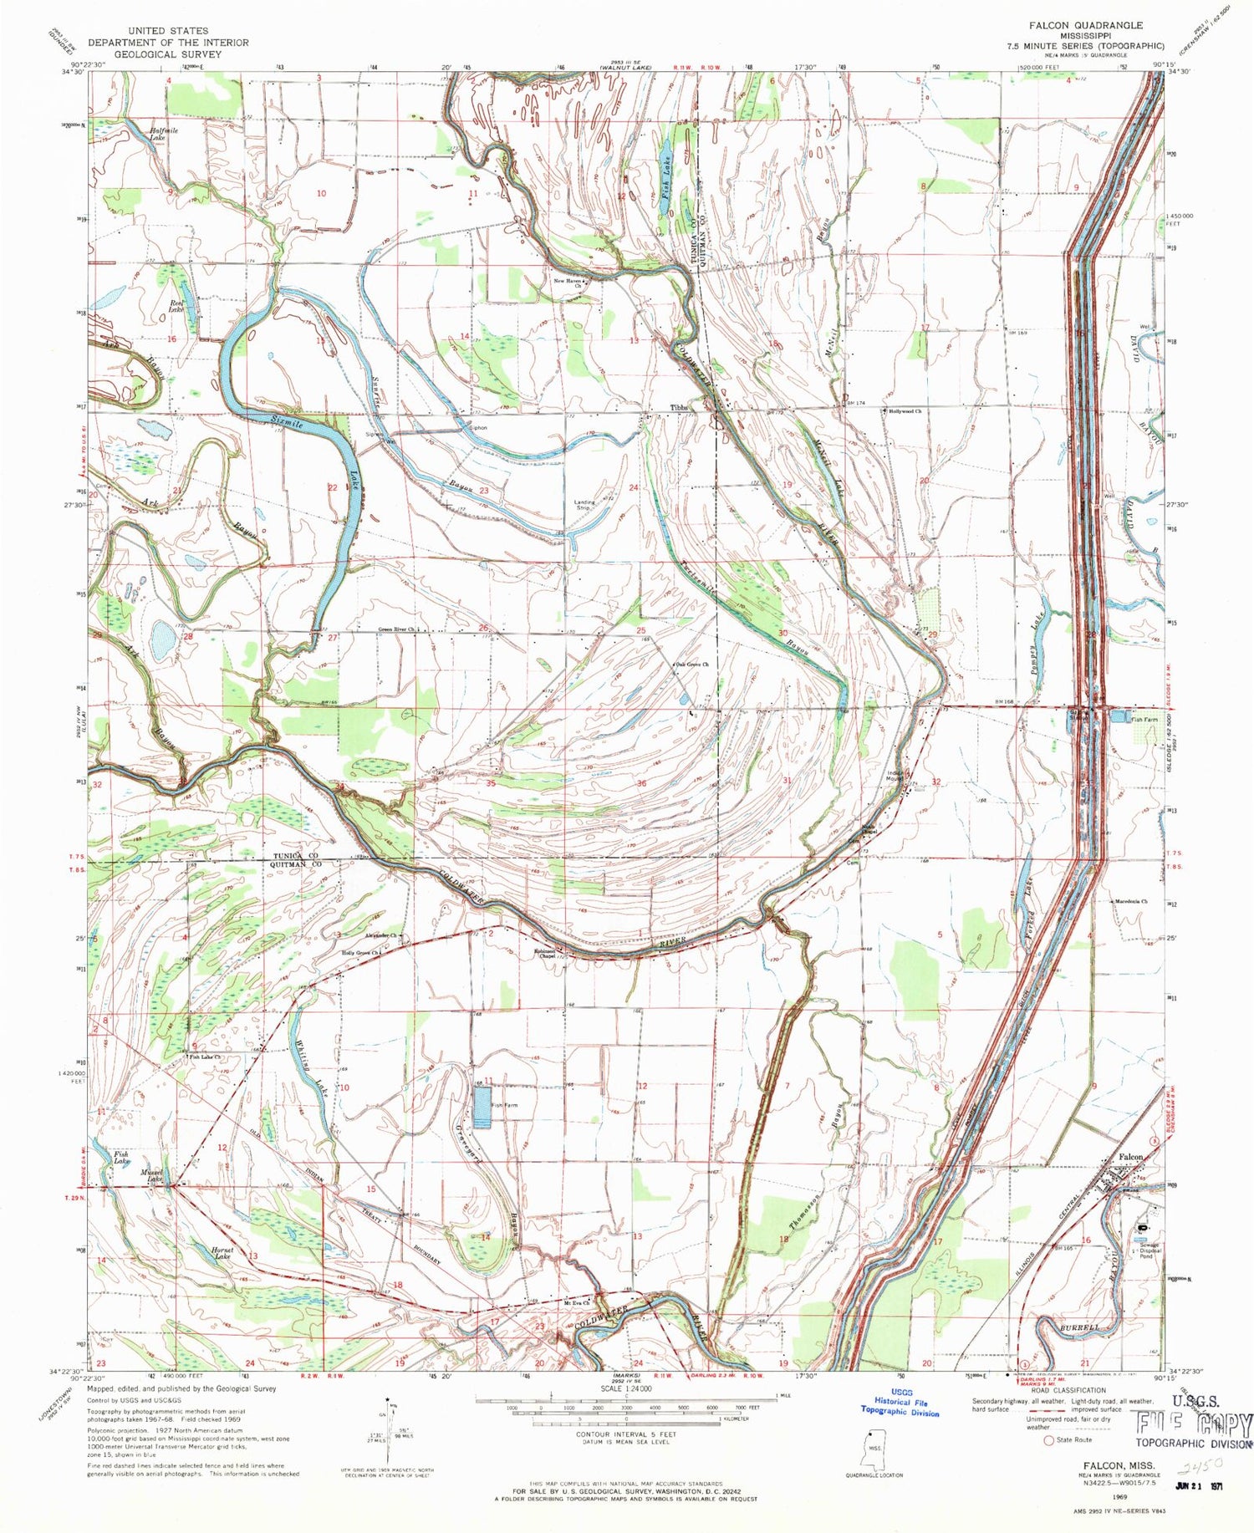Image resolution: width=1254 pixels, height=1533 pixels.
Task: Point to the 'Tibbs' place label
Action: (x=680, y=408)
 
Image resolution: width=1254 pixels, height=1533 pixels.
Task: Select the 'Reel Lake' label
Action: (x=176, y=306)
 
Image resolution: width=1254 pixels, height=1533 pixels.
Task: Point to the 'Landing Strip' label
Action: (x=584, y=505)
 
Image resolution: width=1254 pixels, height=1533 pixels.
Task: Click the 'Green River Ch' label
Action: (x=397, y=630)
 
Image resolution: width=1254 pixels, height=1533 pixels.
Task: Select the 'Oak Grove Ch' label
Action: (x=693, y=665)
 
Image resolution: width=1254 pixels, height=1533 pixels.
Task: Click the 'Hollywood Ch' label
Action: (x=905, y=411)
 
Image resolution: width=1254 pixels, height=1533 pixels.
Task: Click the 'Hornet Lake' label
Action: (x=222, y=1252)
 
